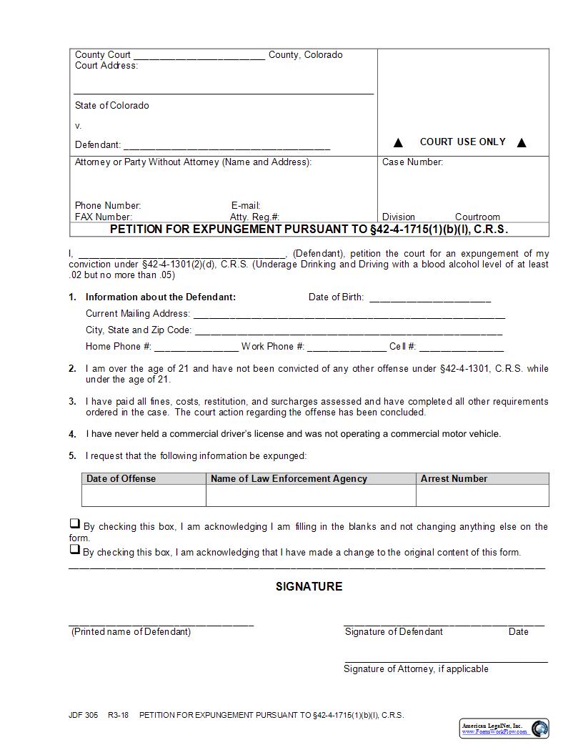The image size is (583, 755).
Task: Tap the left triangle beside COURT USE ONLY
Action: (x=399, y=142)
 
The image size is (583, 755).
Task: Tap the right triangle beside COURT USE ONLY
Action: (x=522, y=142)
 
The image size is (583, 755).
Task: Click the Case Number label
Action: (x=412, y=162)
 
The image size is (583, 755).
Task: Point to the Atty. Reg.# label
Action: (x=254, y=217)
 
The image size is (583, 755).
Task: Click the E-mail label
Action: (x=246, y=206)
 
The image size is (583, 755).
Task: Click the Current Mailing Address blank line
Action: (x=349, y=315)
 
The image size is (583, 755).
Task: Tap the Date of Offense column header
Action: (x=121, y=479)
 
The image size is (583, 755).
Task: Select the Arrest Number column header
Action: (x=454, y=479)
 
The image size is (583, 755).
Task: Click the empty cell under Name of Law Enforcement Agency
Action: (x=311, y=495)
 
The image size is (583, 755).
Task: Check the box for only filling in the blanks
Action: (x=74, y=524)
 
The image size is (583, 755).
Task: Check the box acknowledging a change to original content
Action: (x=74, y=550)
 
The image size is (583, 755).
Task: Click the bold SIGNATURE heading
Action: (x=309, y=586)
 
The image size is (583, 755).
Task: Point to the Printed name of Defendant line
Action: (x=161, y=624)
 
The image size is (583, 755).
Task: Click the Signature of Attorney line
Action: (x=446, y=661)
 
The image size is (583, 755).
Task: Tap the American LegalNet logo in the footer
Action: (x=504, y=728)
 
